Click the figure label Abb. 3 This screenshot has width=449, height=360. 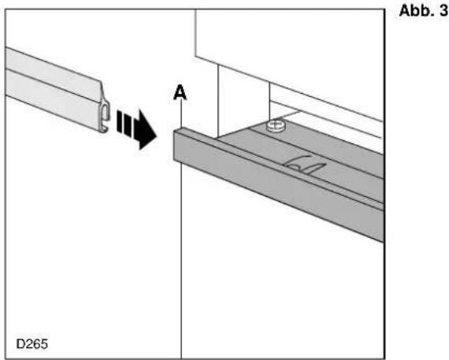(x=423, y=11)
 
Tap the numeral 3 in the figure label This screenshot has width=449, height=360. (x=443, y=11)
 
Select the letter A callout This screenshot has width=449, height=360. (x=180, y=93)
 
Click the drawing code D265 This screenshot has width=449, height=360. (x=32, y=343)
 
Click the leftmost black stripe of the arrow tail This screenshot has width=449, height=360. (x=119, y=121)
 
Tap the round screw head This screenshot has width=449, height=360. (x=276, y=126)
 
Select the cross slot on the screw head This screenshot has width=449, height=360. (x=276, y=124)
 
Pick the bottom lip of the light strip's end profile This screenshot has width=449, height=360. (x=104, y=129)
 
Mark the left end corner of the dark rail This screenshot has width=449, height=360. (x=174, y=132)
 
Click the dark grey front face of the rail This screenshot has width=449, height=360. (x=278, y=186)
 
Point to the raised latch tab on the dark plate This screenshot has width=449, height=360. (x=304, y=165)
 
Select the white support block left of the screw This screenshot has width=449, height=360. (x=243, y=100)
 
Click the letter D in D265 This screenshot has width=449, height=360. (x=20, y=343)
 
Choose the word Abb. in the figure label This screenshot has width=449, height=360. (x=416, y=11)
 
